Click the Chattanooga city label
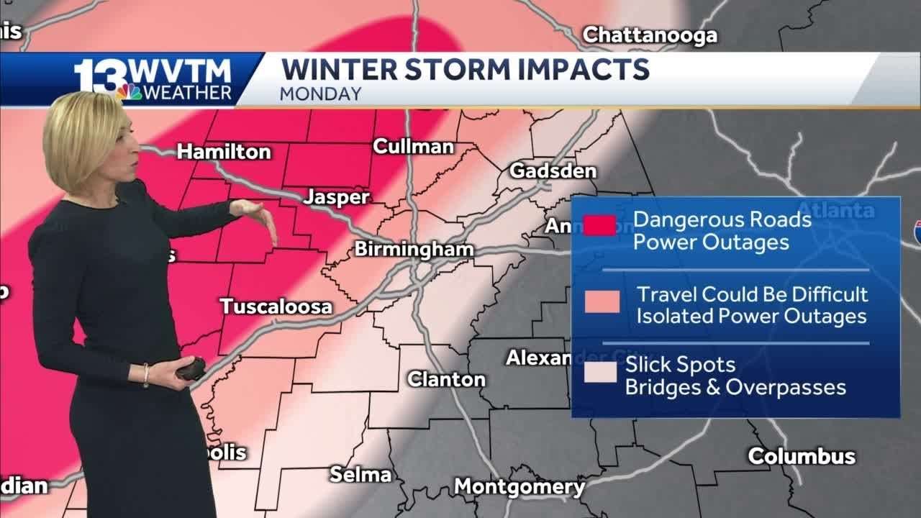[x=649, y=35]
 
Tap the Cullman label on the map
[x=413, y=147]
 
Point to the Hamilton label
[x=224, y=152]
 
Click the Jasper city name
[x=336, y=197]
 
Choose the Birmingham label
[x=414, y=250]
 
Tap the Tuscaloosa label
[x=276, y=306]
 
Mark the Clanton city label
[x=446, y=379]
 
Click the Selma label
[x=360, y=474]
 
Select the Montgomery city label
[x=519, y=487]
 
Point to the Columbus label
[x=802, y=456]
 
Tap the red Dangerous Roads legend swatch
[x=599, y=226]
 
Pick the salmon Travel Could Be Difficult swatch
[x=602, y=301]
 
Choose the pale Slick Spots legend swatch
[x=600, y=372]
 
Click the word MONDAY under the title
[x=321, y=94]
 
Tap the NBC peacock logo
[x=130, y=91]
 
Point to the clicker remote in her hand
[x=191, y=369]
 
